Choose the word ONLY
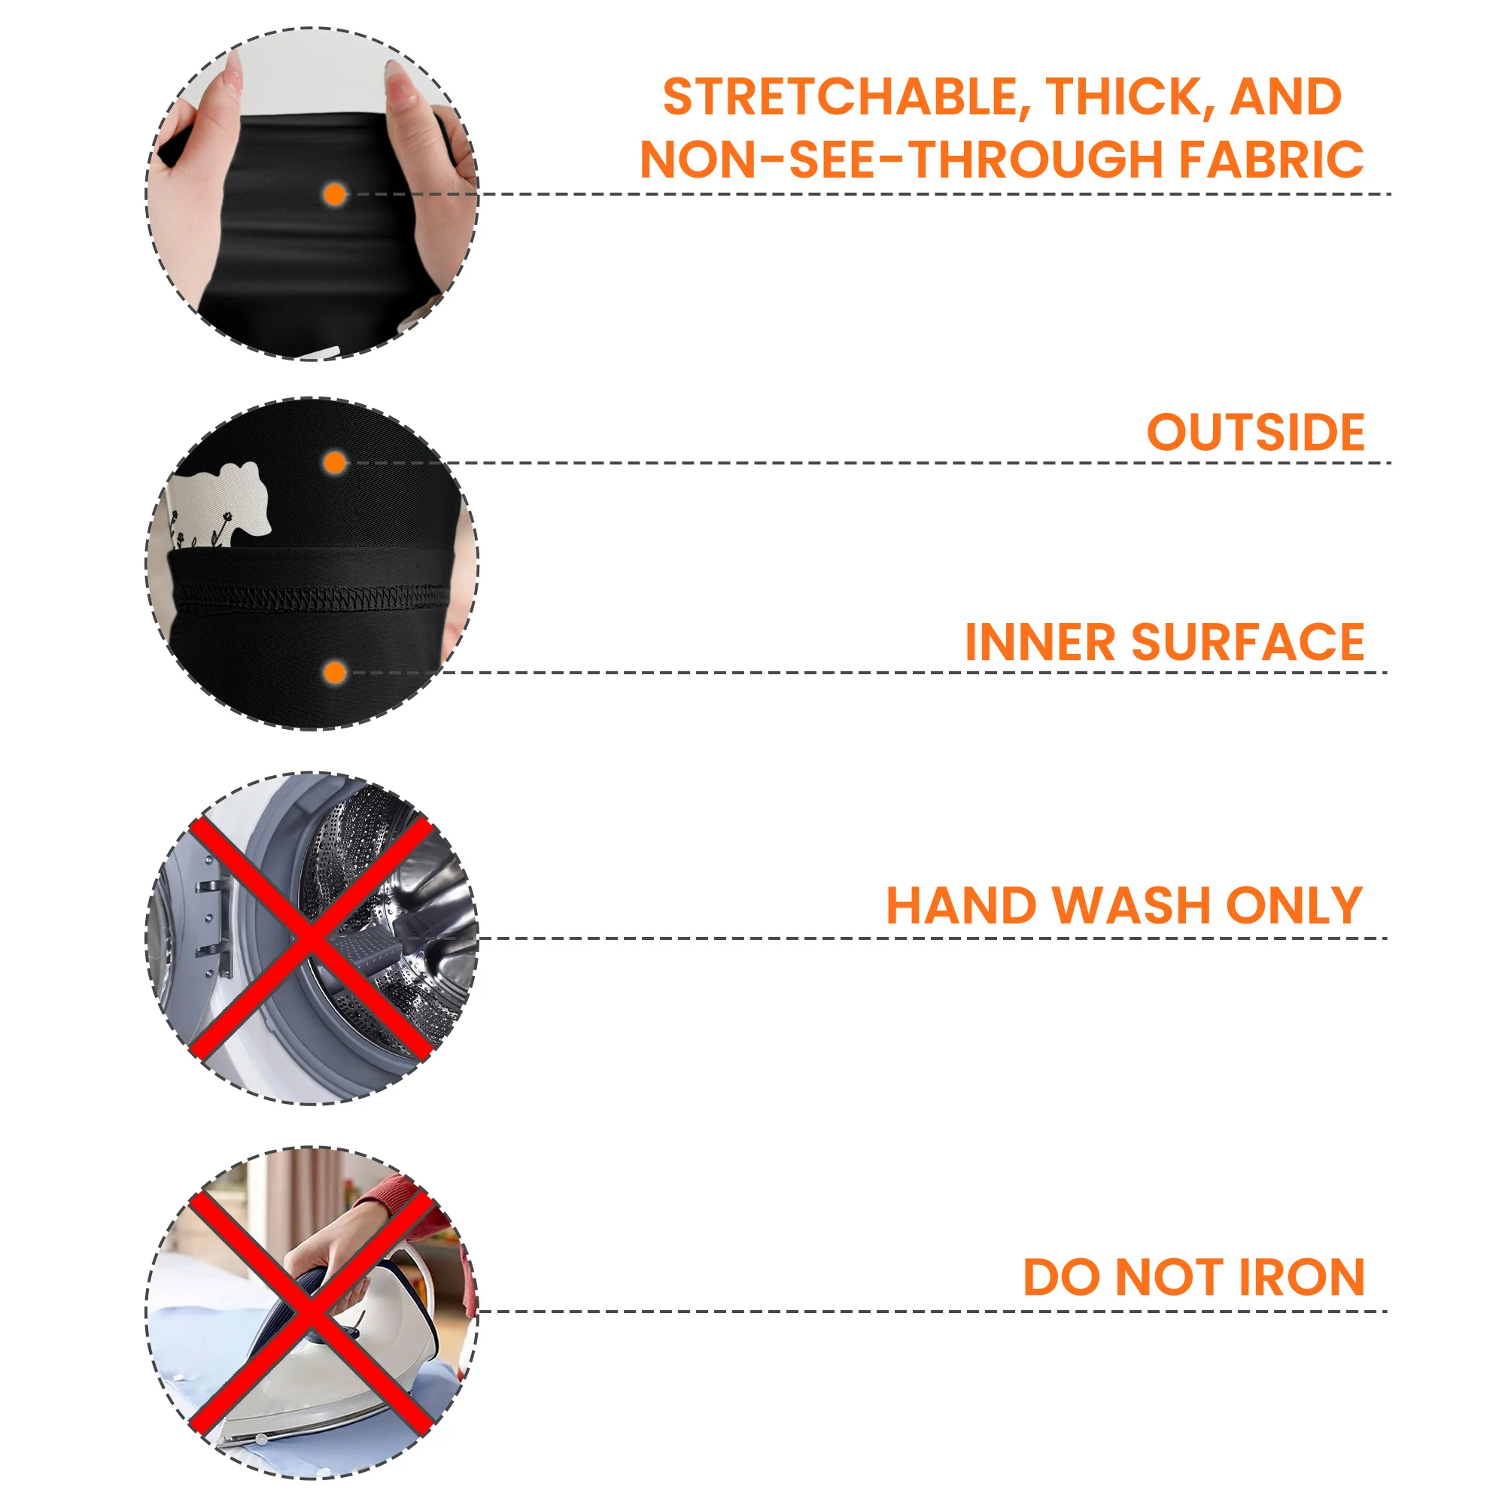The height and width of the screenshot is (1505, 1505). tap(1294, 905)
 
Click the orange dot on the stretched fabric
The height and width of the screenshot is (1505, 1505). tap(335, 195)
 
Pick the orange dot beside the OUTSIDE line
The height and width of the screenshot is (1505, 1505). tap(335, 464)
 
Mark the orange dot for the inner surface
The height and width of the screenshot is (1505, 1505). tap(335, 673)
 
